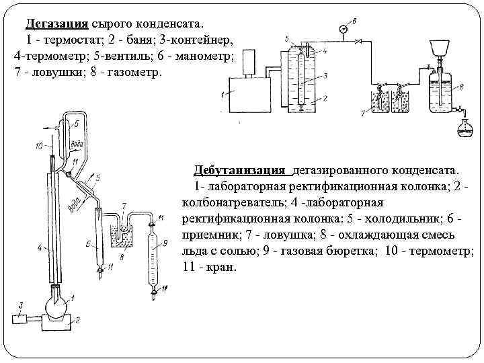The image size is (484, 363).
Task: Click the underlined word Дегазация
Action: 56,24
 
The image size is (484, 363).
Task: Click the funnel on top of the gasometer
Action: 440,46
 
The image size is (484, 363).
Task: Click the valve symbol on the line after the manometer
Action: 358,42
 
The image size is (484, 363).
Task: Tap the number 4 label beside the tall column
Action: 40,248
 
